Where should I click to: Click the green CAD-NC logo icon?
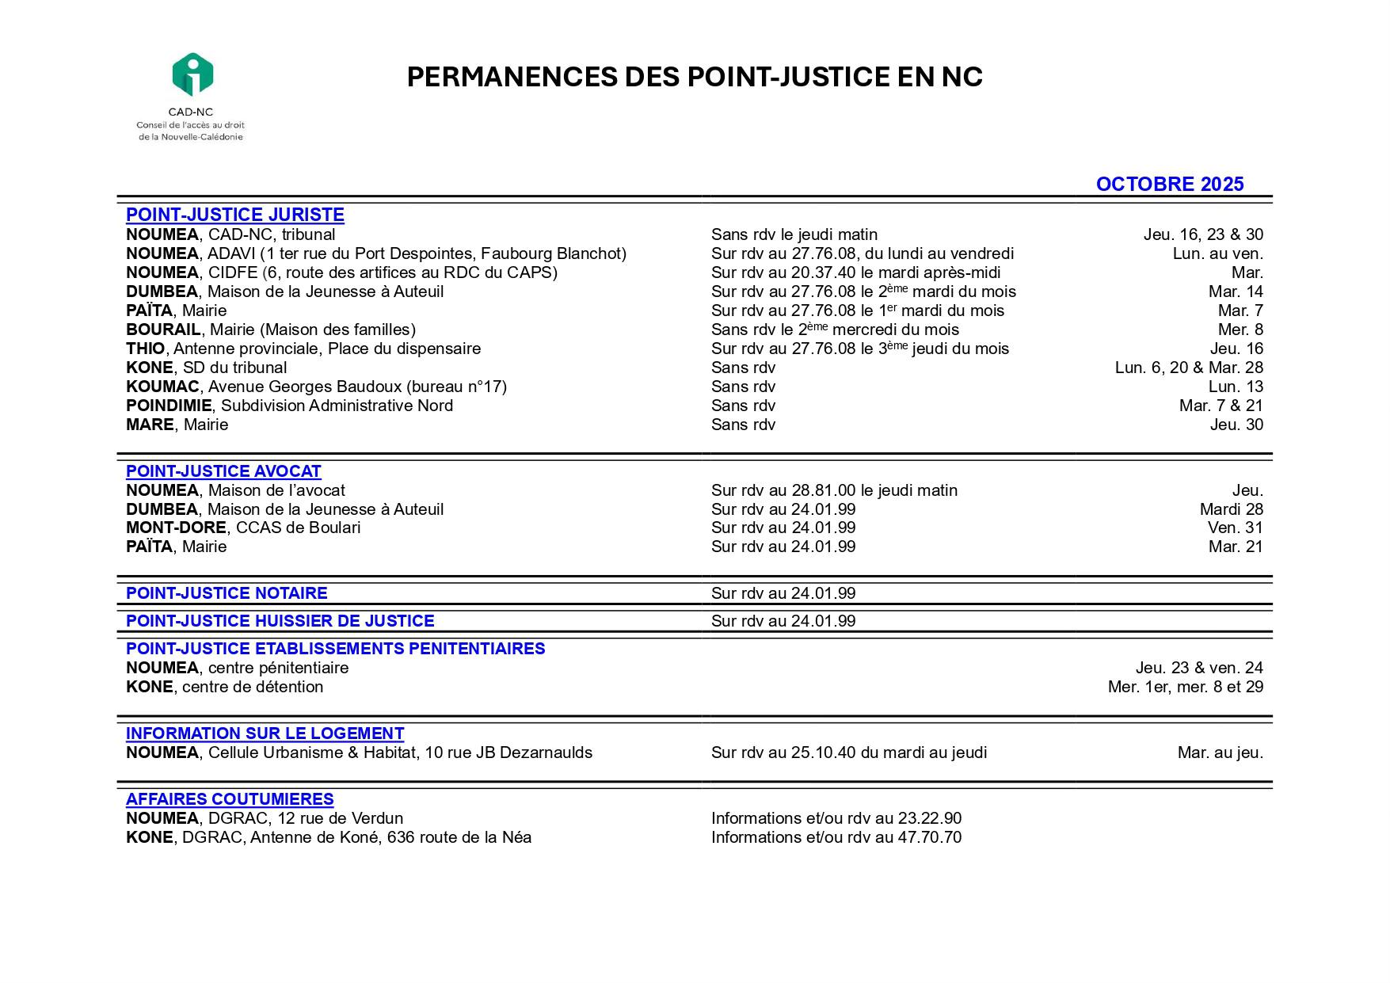tap(192, 74)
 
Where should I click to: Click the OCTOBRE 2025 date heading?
tap(1169, 185)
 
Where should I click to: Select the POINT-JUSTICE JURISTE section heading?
tap(234, 215)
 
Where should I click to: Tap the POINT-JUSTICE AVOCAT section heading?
tap(223, 471)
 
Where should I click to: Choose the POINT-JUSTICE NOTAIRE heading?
tap(227, 593)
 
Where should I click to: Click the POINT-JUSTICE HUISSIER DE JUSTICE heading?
tap(280, 621)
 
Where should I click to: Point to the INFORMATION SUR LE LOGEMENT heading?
tap(265, 733)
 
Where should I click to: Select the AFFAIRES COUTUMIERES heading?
tap(230, 799)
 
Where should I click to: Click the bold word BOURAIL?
tap(163, 330)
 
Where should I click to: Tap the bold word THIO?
tap(146, 349)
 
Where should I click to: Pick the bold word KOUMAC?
tap(162, 387)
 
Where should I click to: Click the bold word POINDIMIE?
tap(169, 406)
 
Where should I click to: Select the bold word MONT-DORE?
tap(176, 528)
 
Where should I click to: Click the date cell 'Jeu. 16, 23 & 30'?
tap(1202, 234)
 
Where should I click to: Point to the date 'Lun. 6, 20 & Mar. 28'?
tap(1188, 368)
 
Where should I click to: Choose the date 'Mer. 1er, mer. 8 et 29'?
tap(1185, 687)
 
